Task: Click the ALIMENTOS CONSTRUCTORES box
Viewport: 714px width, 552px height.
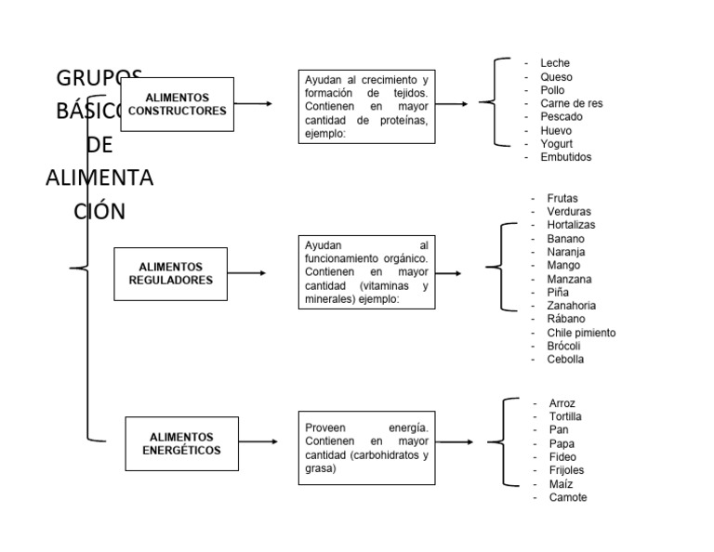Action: click(177, 104)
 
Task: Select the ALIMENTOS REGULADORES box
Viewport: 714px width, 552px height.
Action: click(170, 273)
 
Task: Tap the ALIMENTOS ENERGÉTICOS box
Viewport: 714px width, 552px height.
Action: click(181, 443)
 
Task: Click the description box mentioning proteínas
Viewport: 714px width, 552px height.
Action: click(366, 106)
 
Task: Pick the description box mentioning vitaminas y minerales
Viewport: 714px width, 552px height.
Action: click(366, 272)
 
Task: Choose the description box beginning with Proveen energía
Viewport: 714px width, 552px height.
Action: click(366, 447)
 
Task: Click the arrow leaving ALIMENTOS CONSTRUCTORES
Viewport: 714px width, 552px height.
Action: click(253, 103)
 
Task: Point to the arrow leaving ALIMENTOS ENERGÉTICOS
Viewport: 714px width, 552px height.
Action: click(258, 442)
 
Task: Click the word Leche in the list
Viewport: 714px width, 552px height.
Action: click(555, 63)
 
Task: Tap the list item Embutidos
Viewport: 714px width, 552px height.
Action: click(565, 157)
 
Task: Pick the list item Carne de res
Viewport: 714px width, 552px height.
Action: click(571, 103)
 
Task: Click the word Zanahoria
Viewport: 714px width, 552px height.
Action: click(572, 306)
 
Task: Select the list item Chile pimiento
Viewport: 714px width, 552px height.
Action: click(581, 333)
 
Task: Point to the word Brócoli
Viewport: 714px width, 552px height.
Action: click(564, 346)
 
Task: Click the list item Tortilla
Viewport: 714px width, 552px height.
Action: click(565, 416)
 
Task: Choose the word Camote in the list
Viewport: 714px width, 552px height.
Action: click(568, 497)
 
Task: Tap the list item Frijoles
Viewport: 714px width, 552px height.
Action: click(566, 470)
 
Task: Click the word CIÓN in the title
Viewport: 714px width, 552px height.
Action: click(99, 210)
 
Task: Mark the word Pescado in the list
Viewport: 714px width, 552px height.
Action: click(562, 117)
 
